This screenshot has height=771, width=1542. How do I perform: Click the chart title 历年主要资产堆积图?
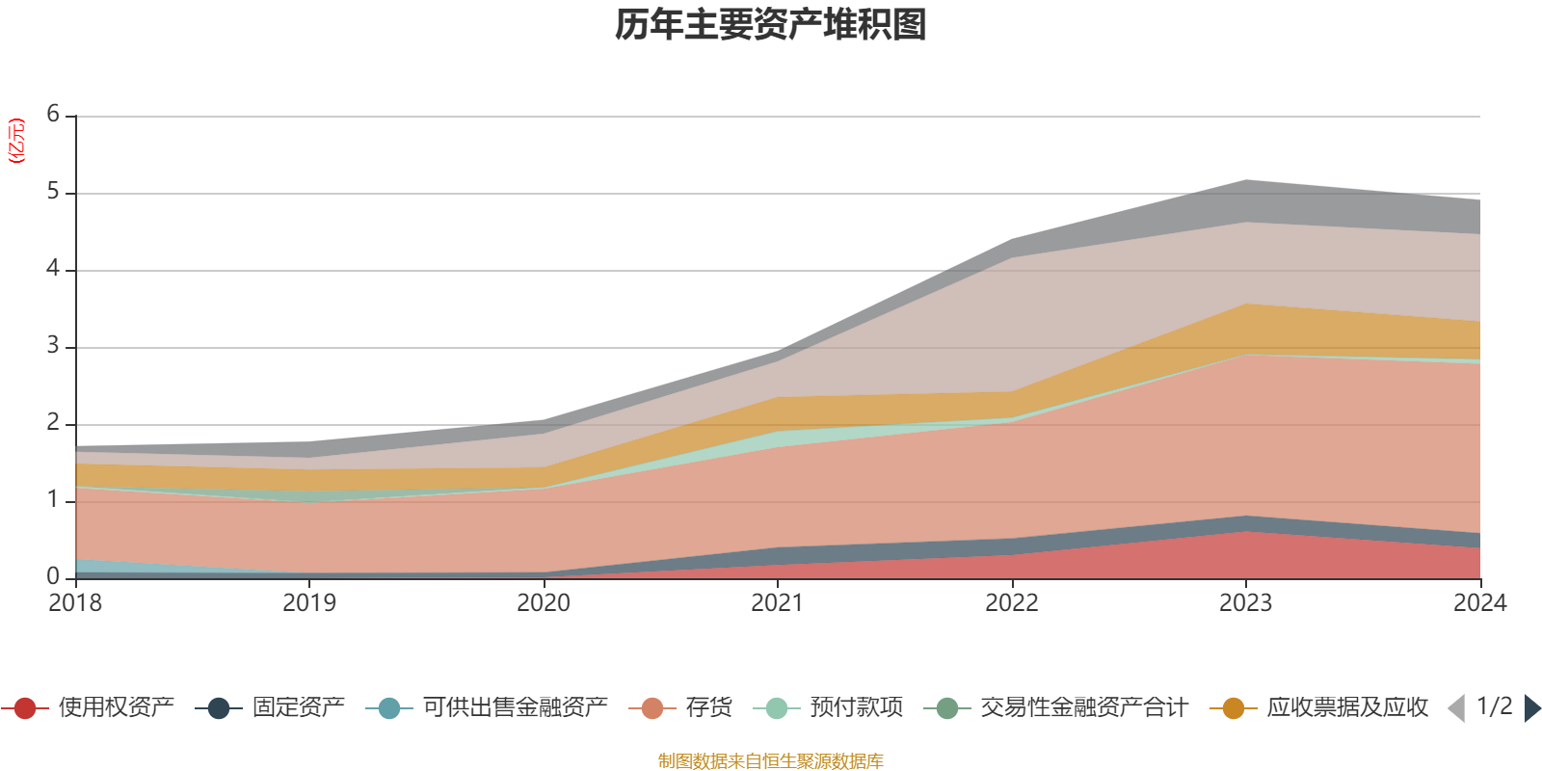[771, 26]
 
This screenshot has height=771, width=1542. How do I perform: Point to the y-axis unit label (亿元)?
[16, 141]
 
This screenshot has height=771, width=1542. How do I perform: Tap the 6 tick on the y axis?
[53, 115]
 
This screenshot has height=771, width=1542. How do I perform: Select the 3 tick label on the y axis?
[53, 346]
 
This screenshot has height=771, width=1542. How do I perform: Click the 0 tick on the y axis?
[53, 576]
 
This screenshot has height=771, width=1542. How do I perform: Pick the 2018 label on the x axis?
[75, 603]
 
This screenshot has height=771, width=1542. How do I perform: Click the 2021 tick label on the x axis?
[777, 603]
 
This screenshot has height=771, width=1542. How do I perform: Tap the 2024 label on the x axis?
[1479, 603]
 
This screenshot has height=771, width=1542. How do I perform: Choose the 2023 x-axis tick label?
[1245, 603]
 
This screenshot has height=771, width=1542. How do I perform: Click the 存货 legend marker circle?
[652, 708]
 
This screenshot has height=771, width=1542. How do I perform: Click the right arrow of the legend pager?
[1531, 708]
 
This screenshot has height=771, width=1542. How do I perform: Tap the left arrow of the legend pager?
[1456, 708]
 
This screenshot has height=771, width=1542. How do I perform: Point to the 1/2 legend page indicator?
[1494, 706]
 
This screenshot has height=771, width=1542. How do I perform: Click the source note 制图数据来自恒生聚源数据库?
[770, 761]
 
